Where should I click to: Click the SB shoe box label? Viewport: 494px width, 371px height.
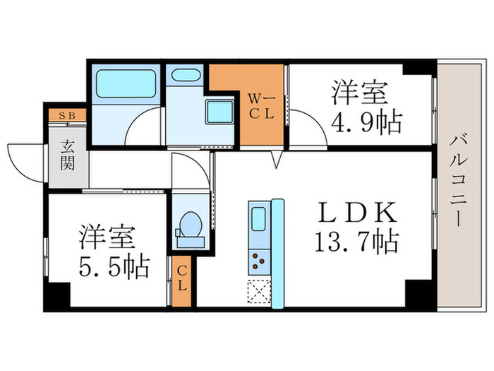tap(67, 114)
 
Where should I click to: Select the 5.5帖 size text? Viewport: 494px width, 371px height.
tap(113, 266)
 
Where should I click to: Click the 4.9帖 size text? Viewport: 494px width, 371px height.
tap(366, 123)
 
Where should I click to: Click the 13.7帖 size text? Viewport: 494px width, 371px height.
tap(357, 242)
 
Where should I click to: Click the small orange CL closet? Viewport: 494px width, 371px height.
tap(181, 281)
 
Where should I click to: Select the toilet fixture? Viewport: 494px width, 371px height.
tap(189, 228)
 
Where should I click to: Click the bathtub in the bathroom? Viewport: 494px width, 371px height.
tap(124, 84)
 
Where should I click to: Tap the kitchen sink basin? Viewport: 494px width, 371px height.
tap(258, 218)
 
